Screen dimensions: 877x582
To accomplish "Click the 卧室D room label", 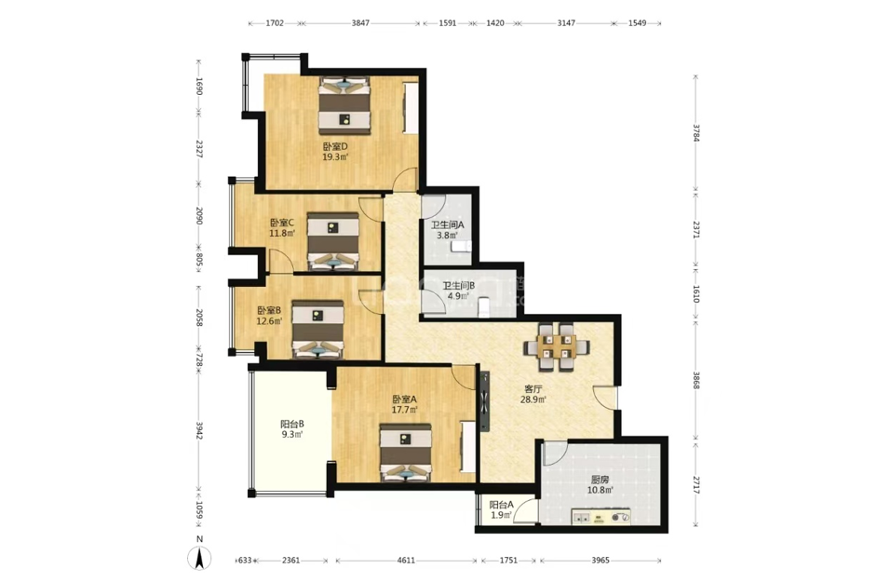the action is point(335,146).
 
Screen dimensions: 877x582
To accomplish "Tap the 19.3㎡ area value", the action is point(335,157).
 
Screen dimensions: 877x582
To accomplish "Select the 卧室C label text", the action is point(282,223).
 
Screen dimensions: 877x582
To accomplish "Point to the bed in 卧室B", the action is point(317,329).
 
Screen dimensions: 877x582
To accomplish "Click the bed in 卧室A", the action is point(406,453).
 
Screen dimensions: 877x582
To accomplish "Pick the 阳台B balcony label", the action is point(292,424).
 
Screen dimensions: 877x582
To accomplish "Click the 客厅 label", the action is point(533,389).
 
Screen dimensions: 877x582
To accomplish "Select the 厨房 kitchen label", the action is point(600,480).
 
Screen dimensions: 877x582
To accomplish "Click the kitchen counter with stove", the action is point(600,517).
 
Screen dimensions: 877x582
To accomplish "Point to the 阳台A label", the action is point(502,504).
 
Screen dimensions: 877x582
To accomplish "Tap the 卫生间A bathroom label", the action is point(448,225).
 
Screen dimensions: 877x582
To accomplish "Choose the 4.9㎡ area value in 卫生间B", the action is point(458,296).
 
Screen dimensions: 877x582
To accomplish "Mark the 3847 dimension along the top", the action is point(360,23).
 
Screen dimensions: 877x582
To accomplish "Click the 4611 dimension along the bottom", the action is point(406,560).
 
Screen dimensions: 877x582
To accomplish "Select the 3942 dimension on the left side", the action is point(198,430).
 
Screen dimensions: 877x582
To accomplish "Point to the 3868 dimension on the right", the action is point(695,380).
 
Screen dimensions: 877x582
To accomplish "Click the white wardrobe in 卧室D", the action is point(412,107).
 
